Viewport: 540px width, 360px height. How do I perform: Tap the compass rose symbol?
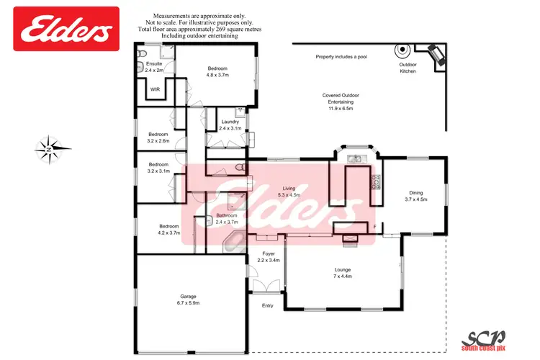pos(53,149)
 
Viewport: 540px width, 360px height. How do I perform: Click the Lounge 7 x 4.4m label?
pos(342,274)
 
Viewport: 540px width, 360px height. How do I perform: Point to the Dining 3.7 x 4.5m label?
pos(416,197)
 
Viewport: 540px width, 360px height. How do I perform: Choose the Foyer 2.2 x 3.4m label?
pos(269,257)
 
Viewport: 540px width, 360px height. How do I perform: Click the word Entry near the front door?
pos(268,305)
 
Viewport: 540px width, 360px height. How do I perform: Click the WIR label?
pos(155,89)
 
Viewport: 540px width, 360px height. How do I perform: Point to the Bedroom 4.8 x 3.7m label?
pos(217,72)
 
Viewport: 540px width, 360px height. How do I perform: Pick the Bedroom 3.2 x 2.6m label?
pos(158,138)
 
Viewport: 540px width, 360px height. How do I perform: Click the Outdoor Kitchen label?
pos(408,68)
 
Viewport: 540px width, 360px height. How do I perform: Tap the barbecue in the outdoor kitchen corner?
pos(435,55)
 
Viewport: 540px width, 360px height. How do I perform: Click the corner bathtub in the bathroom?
pos(233,242)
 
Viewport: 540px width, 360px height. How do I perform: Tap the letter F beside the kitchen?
pos(374,228)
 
